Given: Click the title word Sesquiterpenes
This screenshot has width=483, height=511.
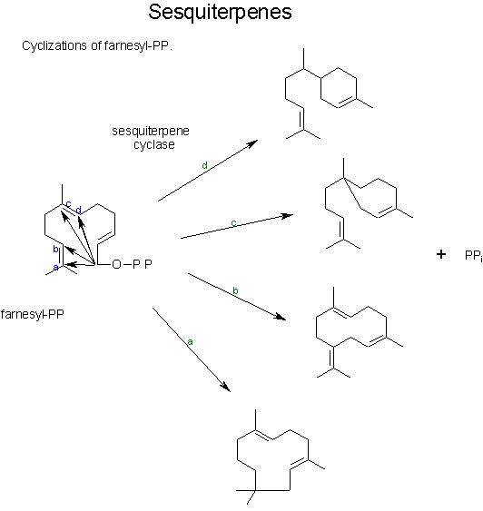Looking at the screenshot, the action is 220,13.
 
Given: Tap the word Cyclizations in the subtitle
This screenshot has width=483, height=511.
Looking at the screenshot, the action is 54,45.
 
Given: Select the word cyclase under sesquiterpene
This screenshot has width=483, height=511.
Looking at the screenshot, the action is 153,144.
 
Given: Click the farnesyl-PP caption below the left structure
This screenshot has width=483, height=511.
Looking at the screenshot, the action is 33,314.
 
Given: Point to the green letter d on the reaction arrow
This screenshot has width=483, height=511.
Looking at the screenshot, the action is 204,165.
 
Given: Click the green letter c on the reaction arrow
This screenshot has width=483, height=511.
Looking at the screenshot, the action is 233,223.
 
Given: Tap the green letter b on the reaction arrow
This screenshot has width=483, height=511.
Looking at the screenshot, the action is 235,290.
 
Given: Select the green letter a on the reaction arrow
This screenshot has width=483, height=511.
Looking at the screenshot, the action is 190,342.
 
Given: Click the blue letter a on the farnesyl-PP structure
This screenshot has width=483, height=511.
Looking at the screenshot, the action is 55,268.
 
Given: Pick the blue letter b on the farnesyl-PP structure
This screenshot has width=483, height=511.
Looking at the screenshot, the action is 55,249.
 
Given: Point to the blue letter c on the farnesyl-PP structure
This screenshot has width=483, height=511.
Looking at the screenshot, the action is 68,204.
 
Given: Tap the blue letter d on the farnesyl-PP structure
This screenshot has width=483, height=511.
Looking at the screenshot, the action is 78,210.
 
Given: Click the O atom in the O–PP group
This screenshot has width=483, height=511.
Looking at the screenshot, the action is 116,264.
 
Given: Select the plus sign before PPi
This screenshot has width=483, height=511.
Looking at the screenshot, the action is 441,254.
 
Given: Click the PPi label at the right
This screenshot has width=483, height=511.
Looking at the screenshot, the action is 473,256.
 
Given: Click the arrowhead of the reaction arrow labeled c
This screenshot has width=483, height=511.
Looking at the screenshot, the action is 289,215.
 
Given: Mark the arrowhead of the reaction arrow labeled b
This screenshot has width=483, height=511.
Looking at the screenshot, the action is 281,317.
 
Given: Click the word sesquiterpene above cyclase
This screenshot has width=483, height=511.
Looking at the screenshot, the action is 151,131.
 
